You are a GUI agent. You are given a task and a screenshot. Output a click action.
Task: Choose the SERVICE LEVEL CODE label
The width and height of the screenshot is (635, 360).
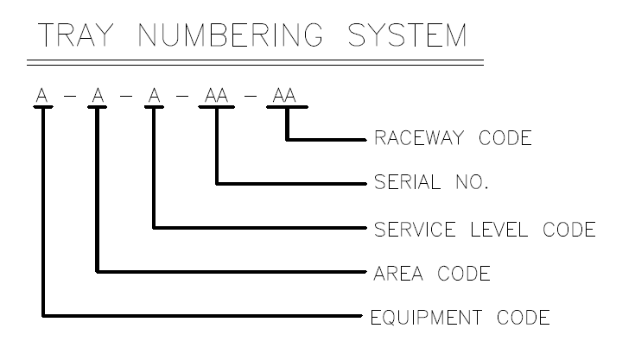485,230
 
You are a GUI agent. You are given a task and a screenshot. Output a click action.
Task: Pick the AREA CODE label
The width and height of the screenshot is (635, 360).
432,275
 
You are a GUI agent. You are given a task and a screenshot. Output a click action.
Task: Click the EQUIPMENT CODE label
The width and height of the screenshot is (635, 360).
460,319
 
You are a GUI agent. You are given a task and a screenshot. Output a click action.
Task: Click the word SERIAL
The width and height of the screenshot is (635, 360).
404,184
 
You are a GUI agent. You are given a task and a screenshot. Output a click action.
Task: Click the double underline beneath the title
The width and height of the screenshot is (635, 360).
255,64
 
